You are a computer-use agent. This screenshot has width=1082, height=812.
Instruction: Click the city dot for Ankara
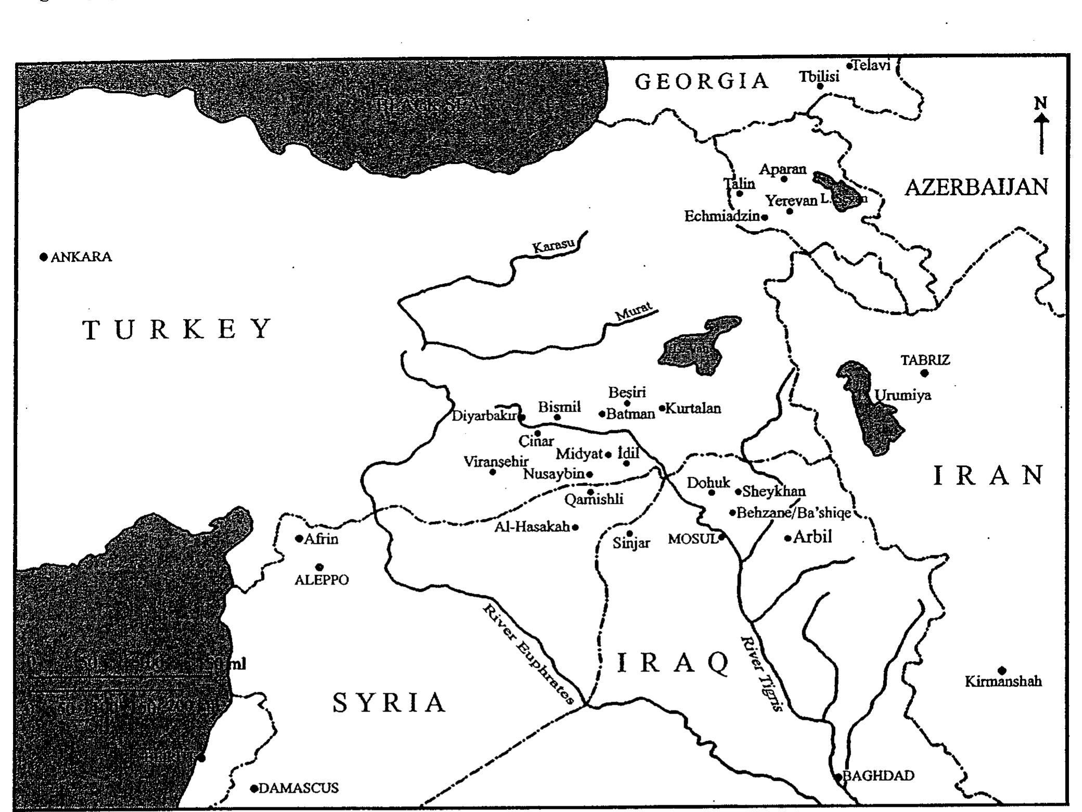coord(44,257)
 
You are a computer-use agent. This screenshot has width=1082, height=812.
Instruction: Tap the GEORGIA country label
coord(702,81)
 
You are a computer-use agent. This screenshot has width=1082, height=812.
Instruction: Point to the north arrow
coord(1041,128)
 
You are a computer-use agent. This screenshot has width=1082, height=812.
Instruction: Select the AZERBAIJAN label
coord(976,187)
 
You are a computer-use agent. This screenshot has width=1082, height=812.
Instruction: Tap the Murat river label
coord(633,312)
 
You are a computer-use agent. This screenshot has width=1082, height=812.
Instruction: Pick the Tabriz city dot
coord(924,373)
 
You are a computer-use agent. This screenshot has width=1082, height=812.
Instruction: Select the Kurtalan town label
coord(693,409)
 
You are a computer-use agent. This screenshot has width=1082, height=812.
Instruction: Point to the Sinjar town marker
coord(629,534)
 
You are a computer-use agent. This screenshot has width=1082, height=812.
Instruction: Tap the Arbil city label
coord(813,537)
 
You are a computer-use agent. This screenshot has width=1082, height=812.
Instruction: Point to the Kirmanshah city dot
coord(1002,670)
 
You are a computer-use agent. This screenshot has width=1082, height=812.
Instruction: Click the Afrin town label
coord(321,539)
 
